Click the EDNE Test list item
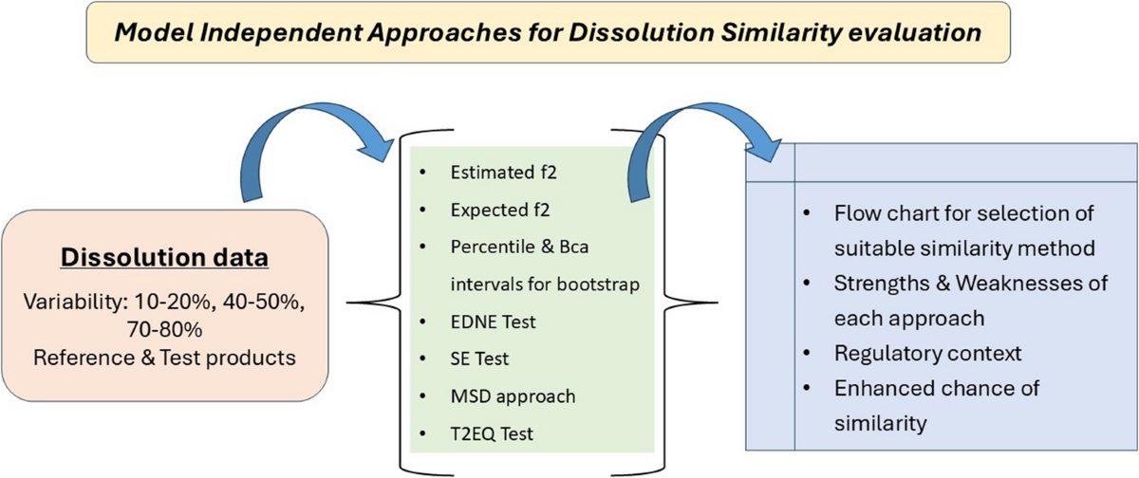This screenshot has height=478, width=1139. click(x=494, y=322)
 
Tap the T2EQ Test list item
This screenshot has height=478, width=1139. click(x=493, y=433)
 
